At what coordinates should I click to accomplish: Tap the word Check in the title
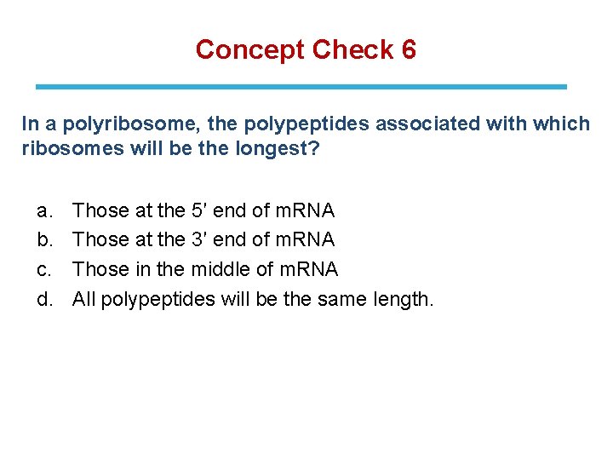[x=351, y=49]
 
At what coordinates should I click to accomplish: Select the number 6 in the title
[x=408, y=49]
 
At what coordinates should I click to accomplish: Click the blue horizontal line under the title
[x=301, y=86]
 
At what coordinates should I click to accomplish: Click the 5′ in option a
[x=204, y=210]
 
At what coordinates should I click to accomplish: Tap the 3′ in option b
[x=204, y=240]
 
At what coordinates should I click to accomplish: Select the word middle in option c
[x=217, y=270]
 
